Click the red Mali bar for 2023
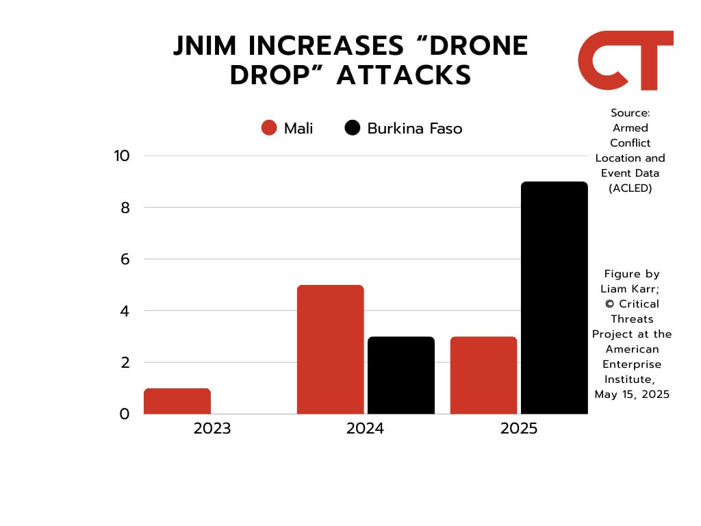tap(177, 401)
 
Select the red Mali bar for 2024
tap(331, 349)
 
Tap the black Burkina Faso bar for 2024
tap(401, 375)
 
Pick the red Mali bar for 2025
tap(483, 375)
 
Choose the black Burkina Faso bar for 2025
tap(555, 298)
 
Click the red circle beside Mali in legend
tap(269, 128)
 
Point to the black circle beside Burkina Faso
tap(353, 128)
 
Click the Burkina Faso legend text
tap(415, 128)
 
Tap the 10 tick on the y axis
tap(122, 155)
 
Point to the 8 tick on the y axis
tap(125, 208)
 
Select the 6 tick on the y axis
tap(125, 259)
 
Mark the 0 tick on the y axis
tap(125, 414)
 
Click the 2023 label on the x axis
tap(212, 429)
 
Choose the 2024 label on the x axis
tap(366, 429)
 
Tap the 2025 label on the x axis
tap(519, 429)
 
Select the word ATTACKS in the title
tap(404, 75)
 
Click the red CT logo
tap(625, 60)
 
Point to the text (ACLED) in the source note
tap(630, 188)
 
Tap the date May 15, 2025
tap(632, 394)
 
